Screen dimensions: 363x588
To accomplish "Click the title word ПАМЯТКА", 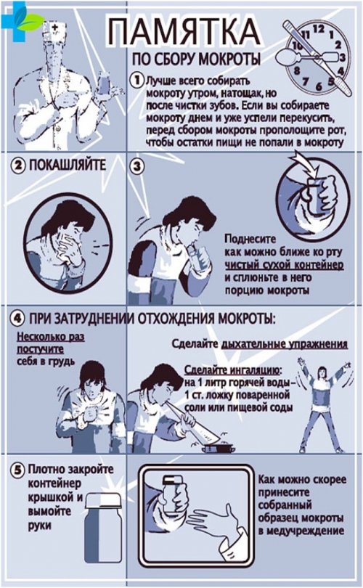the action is point(184,32).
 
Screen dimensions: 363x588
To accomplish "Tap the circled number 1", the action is point(136,80).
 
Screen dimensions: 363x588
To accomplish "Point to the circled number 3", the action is point(137,166).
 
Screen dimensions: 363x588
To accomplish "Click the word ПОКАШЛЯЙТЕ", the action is point(68,166).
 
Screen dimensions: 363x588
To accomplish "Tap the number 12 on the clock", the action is point(319,28).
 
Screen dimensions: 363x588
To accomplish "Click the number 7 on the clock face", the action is point(306,81).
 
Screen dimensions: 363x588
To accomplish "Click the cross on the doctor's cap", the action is point(55,27).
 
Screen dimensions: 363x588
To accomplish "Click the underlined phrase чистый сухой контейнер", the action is point(284,265).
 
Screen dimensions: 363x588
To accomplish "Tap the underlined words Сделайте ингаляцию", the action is point(232,370).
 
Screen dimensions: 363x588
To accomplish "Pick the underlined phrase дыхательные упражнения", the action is point(285,344).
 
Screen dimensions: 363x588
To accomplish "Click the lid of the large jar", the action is point(104,500).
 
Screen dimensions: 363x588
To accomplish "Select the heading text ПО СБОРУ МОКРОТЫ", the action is point(196,60).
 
